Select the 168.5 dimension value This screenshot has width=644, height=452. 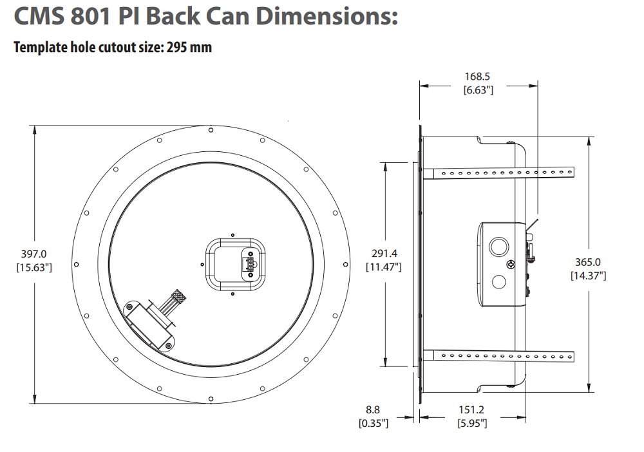pos(478,77)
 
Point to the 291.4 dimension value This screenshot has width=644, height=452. pos(383,254)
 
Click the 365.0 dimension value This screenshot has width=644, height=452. pos(588,262)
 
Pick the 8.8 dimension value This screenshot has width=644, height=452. pos(373,410)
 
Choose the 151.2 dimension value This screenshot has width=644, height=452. pos(471,410)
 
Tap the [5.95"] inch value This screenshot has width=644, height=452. pos(471,423)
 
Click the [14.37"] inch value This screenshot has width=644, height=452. pos(588,275)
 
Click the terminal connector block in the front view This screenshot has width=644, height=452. pos(247,263)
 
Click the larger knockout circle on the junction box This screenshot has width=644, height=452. pos(498,246)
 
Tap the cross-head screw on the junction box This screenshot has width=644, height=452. pos(511,264)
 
